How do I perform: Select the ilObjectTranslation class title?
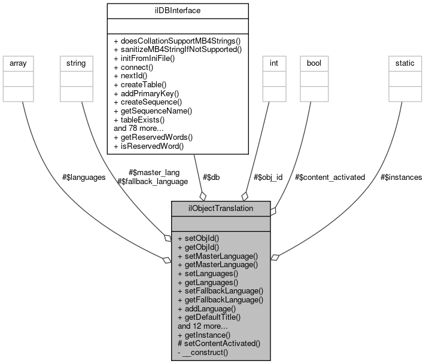pyautogui.click(x=221, y=209)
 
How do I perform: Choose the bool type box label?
pyautogui.click(x=314, y=63)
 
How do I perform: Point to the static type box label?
pyautogui.click(x=401, y=63)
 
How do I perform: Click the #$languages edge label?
pyautogui.click(x=84, y=178)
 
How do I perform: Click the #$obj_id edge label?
pyautogui.click(x=268, y=178)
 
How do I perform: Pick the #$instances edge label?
pyautogui.click(x=401, y=178)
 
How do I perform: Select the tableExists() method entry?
pyautogui.click(x=139, y=120)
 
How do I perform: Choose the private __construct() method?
pyautogui.click(x=203, y=353)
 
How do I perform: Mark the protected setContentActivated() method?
pyautogui.click(x=219, y=344)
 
